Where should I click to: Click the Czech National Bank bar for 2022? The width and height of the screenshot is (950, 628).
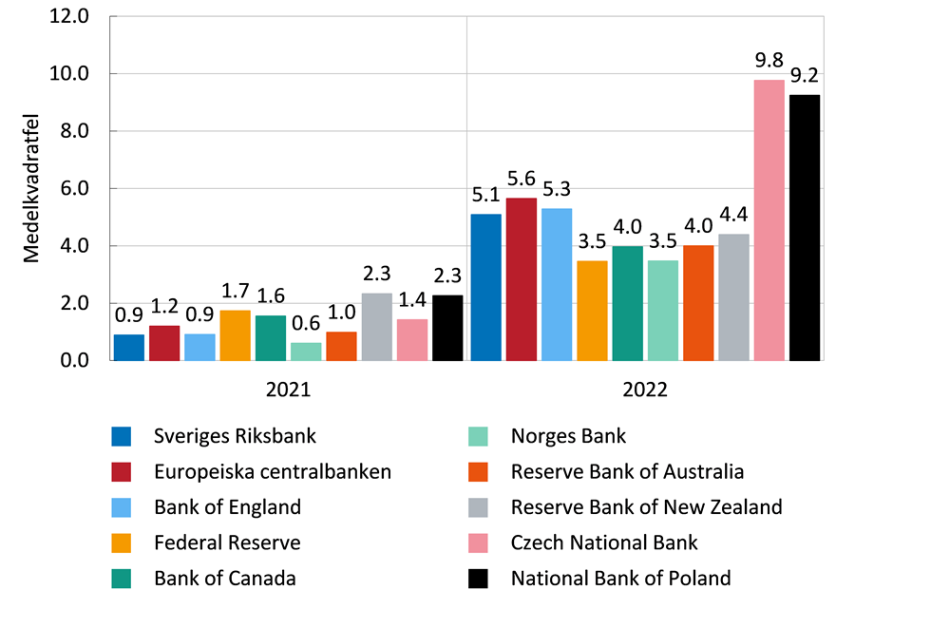[769, 220]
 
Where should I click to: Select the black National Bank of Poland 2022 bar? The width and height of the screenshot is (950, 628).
[804, 228]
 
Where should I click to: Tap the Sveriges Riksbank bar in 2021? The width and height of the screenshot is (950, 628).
[128, 348]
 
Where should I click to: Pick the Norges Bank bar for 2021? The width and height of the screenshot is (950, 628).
[306, 352]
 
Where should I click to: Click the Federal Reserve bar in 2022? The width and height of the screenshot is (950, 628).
[592, 311]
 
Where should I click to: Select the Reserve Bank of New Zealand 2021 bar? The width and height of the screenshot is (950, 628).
[376, 327]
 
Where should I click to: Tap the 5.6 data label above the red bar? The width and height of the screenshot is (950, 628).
[521, 180]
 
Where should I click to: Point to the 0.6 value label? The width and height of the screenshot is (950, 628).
[306, 325]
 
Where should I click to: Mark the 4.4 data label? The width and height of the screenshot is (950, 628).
[733, 215]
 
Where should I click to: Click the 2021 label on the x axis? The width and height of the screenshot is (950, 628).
[288, 390]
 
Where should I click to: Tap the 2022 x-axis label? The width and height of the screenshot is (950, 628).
[645, 390]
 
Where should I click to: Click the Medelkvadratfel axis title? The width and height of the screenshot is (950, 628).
[31, 189]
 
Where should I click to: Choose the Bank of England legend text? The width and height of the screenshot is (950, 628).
[227, 506]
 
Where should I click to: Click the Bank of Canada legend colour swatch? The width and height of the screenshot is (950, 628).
[121, 578]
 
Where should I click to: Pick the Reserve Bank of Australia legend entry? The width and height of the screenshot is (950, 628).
[627, 471]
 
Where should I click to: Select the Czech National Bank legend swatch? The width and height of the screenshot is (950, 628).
[478, 542]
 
